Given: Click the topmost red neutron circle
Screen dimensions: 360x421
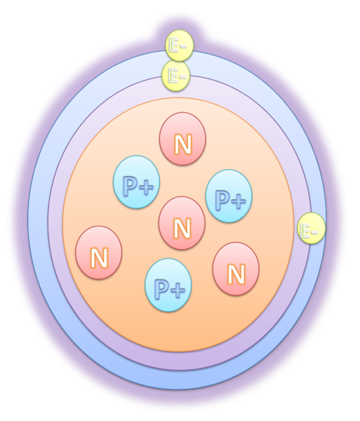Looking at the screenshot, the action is [x=182, y=138].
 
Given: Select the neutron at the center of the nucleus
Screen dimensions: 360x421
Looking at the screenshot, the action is [x=182, y=223].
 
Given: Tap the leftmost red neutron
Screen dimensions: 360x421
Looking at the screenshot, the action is [x=99, y=253].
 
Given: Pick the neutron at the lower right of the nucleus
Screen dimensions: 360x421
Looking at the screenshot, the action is [x=236, y=269].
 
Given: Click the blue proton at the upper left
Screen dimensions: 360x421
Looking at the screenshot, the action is [x=136, y=182].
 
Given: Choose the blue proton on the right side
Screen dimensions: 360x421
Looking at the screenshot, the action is [x=229, y=196].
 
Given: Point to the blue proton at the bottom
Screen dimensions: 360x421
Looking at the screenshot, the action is [x=168, y=285].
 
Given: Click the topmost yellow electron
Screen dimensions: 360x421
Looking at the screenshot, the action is [x=180, y=46].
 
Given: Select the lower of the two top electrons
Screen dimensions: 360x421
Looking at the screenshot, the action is [x=176, y=76].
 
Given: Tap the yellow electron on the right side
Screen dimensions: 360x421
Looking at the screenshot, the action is [x=312, y=228].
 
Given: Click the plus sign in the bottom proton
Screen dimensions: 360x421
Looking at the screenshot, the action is [x=178, y=289].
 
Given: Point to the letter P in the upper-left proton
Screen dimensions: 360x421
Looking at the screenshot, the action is [x=130, y=186].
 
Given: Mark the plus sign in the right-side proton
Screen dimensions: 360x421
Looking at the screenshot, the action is [x=239, y=200].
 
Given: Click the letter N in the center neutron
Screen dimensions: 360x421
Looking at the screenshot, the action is [x=182, y=228].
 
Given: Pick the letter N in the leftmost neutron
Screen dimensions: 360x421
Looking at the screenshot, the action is [x=100, y=258].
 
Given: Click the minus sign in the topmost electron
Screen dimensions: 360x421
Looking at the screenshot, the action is [x=183, y=46].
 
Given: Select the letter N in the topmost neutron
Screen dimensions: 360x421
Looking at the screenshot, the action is [x=183, y=144].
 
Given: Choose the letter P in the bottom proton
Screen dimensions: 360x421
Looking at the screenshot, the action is [x=161, y=289].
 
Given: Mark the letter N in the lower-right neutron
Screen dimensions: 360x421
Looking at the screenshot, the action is [x=236, y=274].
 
